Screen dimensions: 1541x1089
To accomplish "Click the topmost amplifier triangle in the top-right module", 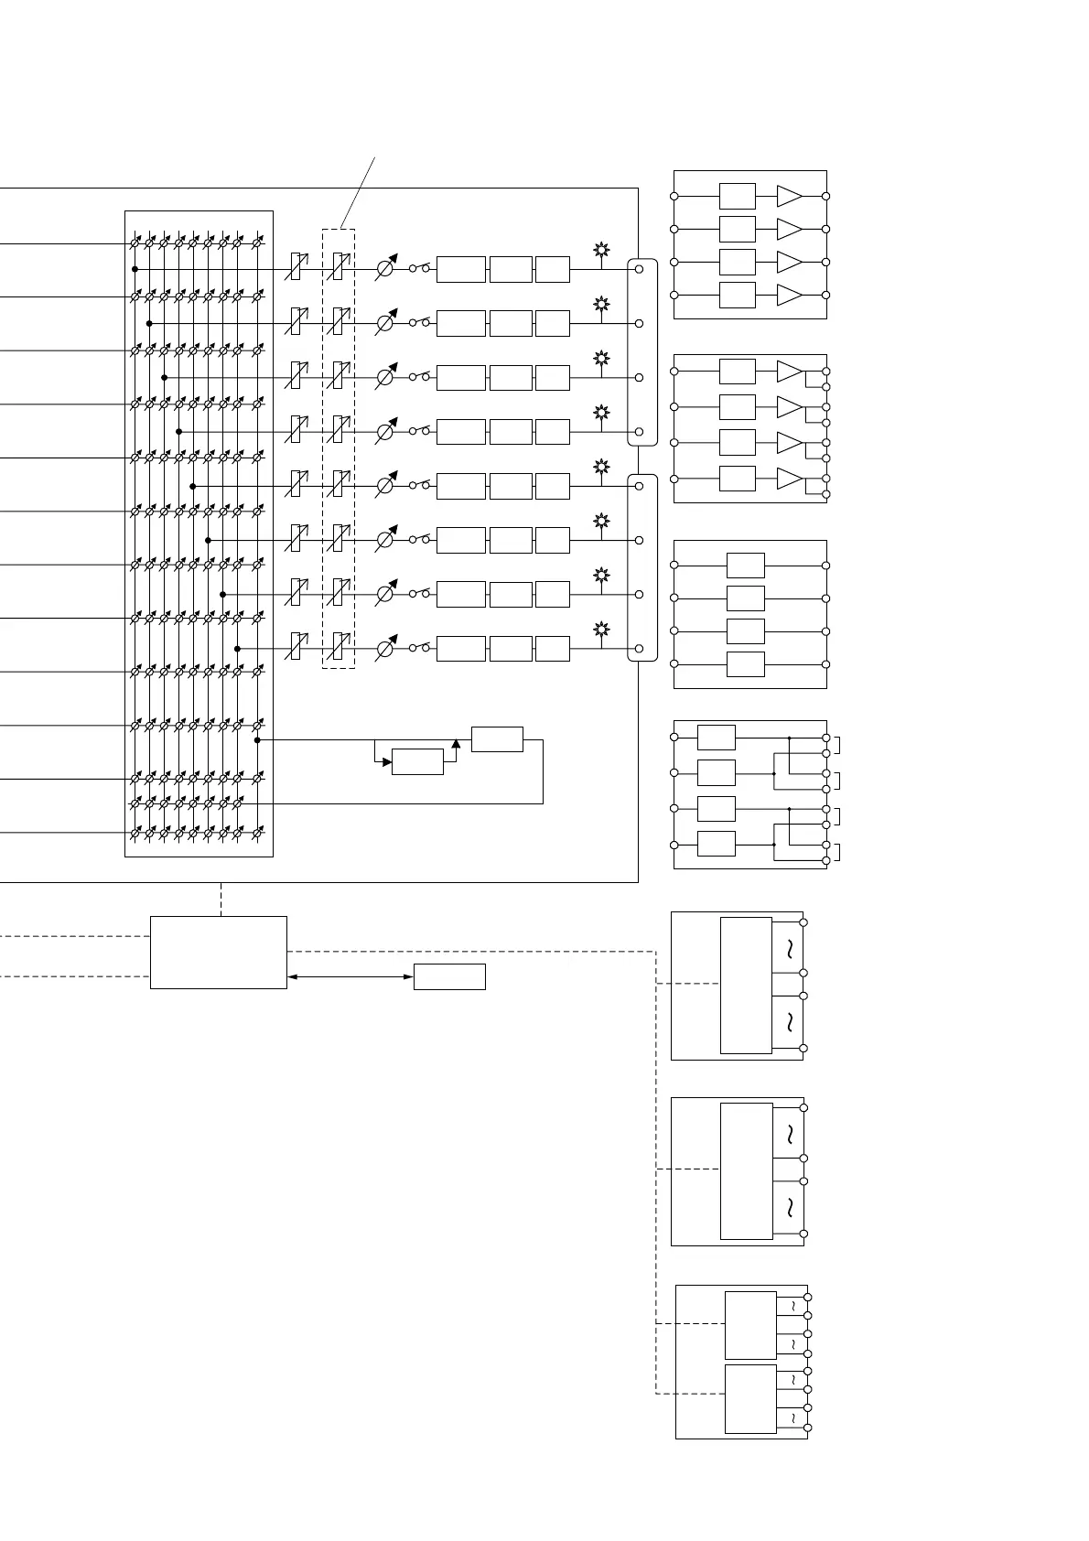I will (x=789, y=196).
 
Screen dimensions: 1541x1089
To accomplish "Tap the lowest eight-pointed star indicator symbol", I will (x=601, y=629).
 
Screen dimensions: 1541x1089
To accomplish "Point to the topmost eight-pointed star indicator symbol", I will (x=601, y=249).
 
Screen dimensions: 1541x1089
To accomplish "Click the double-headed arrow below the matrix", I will (x=350, y=976).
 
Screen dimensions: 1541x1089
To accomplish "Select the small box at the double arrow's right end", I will (x=449, y=976).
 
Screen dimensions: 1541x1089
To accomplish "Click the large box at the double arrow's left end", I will (x=218, y=952).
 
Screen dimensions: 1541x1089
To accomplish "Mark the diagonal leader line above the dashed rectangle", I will (x=358, y=193).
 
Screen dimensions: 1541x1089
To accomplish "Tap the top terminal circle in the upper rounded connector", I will (x=640, y=269).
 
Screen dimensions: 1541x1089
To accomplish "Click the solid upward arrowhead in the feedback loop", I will (x=456, y=742).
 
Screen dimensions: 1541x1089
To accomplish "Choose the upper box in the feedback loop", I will (x=497, y=739).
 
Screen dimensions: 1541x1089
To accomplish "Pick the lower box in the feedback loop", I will (x=417, y=761).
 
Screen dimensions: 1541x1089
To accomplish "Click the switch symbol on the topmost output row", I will (x=419, y=268).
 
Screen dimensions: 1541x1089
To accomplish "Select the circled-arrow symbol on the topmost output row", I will (x=385, y=269).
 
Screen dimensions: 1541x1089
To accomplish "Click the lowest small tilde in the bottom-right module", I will (x=792, y=1418).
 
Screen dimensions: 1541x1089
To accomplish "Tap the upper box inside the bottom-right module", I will (x=750, y=1325).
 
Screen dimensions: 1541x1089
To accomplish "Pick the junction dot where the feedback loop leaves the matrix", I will (x=257, y=739).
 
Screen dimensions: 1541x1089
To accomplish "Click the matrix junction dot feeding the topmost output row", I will (x=135, y=269).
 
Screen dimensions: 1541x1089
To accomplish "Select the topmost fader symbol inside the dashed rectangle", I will (x=338, y=268).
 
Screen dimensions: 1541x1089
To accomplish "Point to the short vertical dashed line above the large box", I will (x=221, y=899).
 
